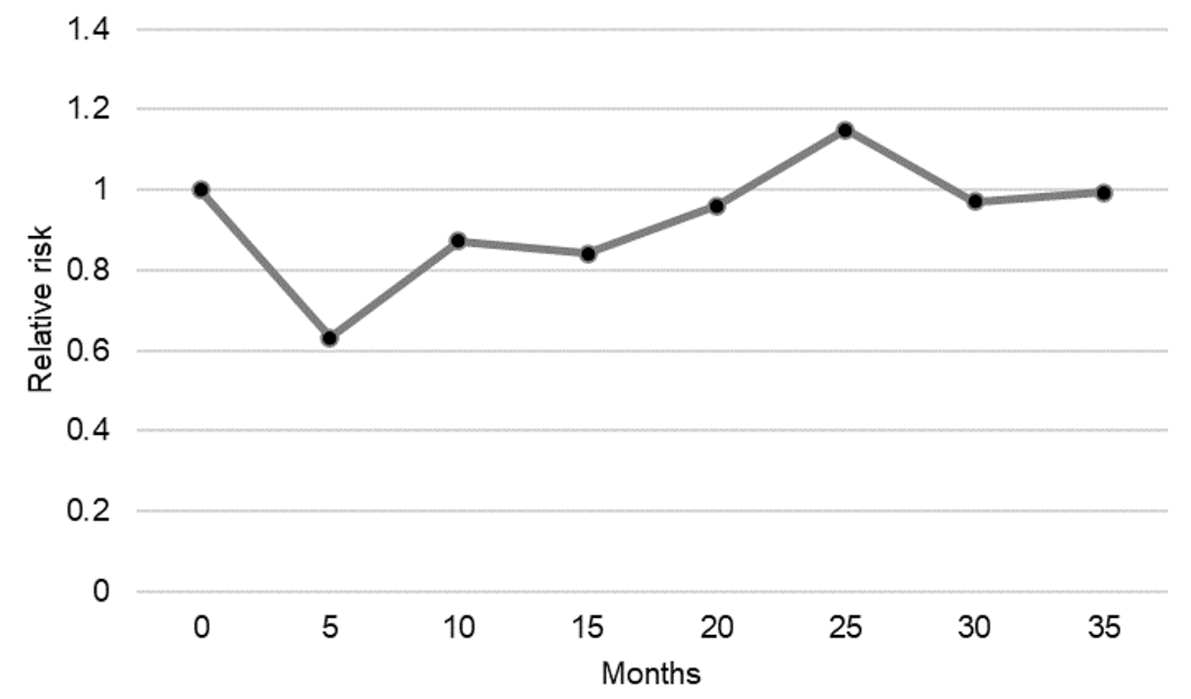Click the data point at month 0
point(201,189)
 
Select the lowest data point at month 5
point(329,338)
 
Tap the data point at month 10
point(458,241)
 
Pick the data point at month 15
point(588,254)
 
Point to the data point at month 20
point(716,207)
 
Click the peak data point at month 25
point(845,130)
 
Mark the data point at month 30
point(975,202)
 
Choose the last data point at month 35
point(1104,192)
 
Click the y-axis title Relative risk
point(40,309)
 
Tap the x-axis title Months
point(651,673)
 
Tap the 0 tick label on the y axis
point(100,591)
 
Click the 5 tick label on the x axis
point(329,627)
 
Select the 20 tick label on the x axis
point(716,627)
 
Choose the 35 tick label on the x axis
point(1104,627)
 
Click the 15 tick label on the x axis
point(588,627)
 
